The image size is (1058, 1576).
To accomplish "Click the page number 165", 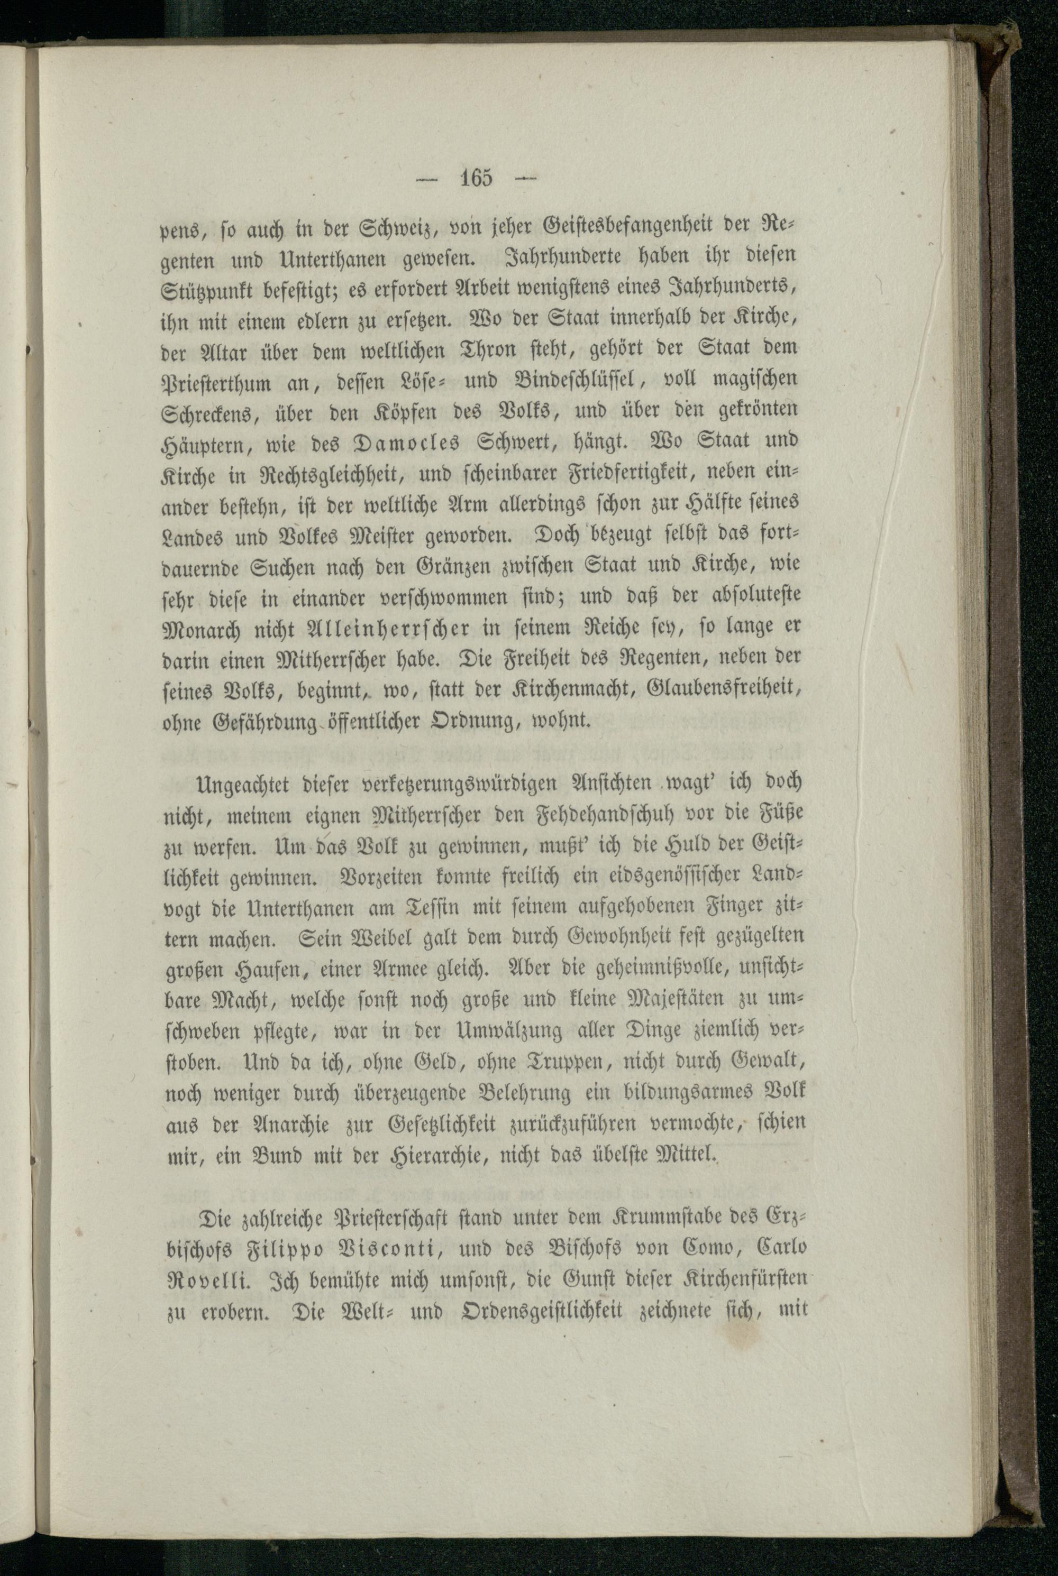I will [477, 178].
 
